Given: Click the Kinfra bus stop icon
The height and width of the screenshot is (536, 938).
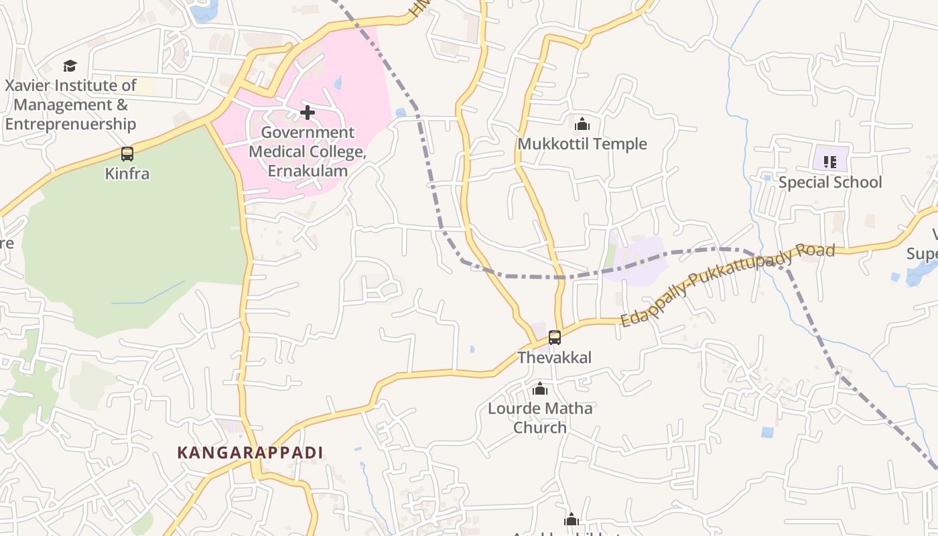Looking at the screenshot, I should pyautogui.click(x=127, y=154).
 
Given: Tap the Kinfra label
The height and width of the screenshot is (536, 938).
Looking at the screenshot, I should pyautogui.click(x=127, y=174).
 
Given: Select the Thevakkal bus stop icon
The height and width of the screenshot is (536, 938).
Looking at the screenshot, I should pyautogui.click(x=555, y=338).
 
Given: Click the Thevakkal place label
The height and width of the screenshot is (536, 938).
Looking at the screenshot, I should pyautogui.click(x=555, y=358).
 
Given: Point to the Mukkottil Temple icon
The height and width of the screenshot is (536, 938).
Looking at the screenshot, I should pyautogui.click(x=582, y=124).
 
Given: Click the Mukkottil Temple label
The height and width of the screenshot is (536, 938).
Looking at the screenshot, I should pyautogui.click(x=582, y=144).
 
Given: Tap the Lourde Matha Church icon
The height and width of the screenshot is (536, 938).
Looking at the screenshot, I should pyautogui.click(x=540, y=389).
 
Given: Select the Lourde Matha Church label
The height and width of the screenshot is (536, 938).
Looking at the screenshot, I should pyautogui.click(x=540, y=417).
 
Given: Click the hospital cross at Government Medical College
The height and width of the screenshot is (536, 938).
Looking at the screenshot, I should pyautogui.click(x=308, y=113).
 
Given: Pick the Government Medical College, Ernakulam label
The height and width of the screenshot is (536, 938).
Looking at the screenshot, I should pyautogui.click(x=308, y=151).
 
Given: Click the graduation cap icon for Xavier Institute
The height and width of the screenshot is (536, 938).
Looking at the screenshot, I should pyautogui.click(x=70, y=66).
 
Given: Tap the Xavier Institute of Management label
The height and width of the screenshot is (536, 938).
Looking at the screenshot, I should pyautogui.click(x=70, y=105).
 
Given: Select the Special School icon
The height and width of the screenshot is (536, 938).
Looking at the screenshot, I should pyautogui.click(x=830, y=161).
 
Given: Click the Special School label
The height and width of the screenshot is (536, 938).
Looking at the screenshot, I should pyautogui.click(x=830, y=182).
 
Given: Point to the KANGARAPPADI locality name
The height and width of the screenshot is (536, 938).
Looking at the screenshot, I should pyautogui.click(x=250, y=453).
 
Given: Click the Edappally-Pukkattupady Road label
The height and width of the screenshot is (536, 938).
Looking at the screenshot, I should pyautogui.click(x=728, y=284).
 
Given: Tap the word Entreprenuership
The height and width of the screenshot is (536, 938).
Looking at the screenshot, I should pyautogui.click(x=70, y=124).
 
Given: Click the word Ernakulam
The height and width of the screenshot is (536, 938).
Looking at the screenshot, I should pyautogui.click(x=308, y=171).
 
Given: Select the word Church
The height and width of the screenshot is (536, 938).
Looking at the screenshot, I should pyautogui.click(x=540, y=427).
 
